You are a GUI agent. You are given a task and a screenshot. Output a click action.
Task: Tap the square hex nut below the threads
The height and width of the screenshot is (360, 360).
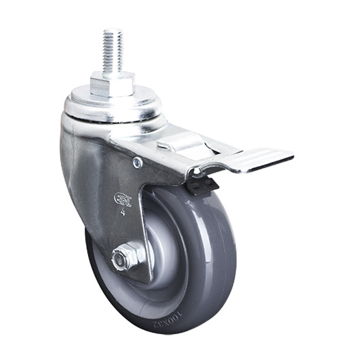click(x=112, y=84)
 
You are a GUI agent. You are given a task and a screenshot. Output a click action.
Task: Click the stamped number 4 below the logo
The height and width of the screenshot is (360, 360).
click(x=123, y=212)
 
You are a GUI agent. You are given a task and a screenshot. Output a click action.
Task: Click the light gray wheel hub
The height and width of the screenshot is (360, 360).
click(x=162, y=252)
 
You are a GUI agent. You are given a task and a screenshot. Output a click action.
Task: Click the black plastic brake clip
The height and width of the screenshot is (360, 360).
click(x=200, y=184)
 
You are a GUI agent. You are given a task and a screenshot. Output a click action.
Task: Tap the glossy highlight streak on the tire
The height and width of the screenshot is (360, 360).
click(x=211, y=234)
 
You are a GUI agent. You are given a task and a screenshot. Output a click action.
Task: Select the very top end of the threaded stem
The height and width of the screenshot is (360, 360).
click(x=112, y=30)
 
